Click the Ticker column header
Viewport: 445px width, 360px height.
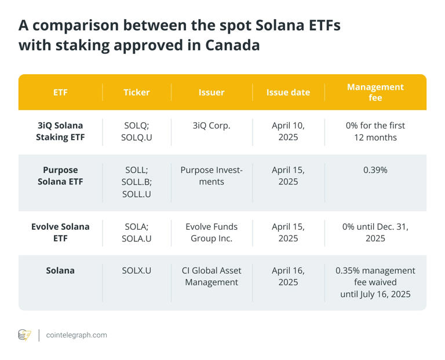tap(137, 92)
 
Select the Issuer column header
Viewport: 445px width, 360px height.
tap(211, 92)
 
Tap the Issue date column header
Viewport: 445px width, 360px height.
tap(288, 92)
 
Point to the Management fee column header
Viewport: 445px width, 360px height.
tap(375, 92)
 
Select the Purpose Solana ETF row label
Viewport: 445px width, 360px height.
tap(60, 176)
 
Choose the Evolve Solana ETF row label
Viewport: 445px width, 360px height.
tap(60, 232)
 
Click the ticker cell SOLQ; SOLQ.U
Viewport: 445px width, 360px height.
tap(137, 131)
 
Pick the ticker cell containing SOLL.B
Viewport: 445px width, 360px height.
tap(137, 182)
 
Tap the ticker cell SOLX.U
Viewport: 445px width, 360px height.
tap(137, 270)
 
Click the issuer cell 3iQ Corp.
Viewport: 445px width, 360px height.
tap(211, 126)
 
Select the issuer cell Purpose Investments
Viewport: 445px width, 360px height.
tap(211, 176)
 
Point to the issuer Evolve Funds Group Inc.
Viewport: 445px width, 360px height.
tap(211, 232)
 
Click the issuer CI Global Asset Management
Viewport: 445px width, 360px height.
tap(211, 276)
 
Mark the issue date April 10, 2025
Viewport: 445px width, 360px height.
tap(288, 131)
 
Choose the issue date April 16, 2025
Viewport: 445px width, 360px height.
tap(288, 276)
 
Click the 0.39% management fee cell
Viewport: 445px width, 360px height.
tap(375, 170)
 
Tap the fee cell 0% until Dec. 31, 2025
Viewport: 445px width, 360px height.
tap(375, 232)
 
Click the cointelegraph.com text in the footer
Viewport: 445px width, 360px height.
tap(76, 335)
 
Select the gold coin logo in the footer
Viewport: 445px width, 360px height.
tap(24, 335)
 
